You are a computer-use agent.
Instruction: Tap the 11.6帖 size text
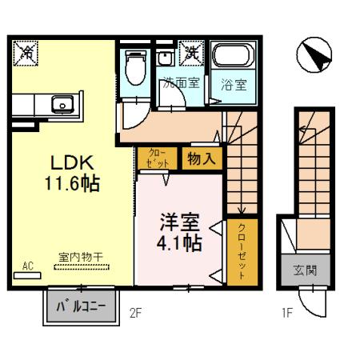click(71, 183)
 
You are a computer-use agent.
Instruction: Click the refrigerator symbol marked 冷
click(26, 53)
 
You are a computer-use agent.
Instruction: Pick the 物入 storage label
click(202, 158)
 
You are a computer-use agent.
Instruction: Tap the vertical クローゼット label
click(242, 250)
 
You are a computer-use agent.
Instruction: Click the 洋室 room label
click(178, 219)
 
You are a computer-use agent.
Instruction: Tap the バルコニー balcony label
click(80, 305)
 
